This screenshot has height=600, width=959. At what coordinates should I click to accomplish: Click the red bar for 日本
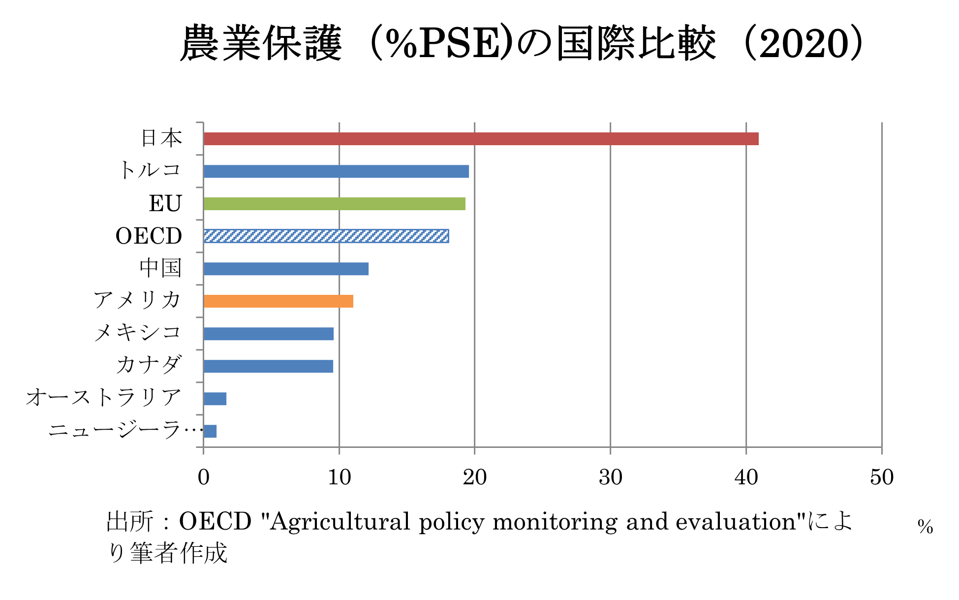pos(481,139)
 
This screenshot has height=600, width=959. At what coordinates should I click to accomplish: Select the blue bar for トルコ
pos(336,171)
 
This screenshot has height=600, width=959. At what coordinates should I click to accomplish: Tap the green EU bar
pos(335,204)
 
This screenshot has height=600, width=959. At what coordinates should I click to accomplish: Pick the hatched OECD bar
pos(326,236)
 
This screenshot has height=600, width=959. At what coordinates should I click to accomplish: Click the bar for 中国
pos(286,269)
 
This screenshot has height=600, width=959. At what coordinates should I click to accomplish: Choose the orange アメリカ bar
pos(278,301)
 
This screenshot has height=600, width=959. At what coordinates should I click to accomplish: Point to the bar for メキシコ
pos(269,334)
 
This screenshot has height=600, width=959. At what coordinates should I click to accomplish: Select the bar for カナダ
pos(268,366)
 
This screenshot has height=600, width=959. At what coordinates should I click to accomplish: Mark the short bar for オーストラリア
pos(215,399)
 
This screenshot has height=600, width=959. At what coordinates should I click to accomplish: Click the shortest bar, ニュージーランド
pos(210,431)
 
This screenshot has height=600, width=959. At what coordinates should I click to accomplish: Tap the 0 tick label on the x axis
pos(203,477)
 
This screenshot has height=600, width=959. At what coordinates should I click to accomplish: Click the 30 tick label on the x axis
pos(610,477)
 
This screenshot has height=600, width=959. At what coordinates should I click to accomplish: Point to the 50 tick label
pos(881,477)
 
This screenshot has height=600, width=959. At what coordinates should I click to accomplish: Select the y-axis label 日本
pos(161,138)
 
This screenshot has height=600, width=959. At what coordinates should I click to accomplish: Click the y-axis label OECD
pos(149,236)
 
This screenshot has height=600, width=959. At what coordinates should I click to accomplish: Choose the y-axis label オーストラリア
pos(104,398)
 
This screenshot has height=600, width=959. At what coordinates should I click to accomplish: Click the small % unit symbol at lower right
pos(925,527)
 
